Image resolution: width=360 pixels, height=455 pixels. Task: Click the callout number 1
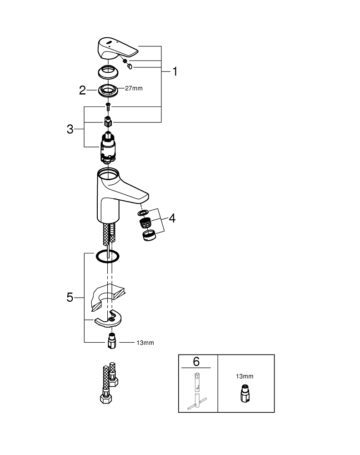[x=175, y=72]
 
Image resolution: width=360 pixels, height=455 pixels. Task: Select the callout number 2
[x=82, y=90]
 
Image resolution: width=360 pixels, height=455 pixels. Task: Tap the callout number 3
[x=70, y=129]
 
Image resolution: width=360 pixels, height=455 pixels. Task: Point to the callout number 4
[x=171, y=218]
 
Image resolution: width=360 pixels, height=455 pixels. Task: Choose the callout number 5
[x=70, y=298]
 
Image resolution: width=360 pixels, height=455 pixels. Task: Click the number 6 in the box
[x=196, y=362]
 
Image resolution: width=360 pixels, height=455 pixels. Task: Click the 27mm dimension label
[x=134, y=89]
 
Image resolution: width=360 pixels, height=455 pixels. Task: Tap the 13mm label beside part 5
[x=145, y=343]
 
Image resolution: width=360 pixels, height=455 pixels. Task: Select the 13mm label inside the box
[x=245, y=376]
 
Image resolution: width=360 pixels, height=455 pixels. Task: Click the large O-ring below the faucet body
[x=108, y=257]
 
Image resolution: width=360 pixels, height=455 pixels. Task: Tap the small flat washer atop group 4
[x=144, y=212]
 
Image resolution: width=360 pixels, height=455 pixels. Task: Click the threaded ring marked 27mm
[x=108, y=89]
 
